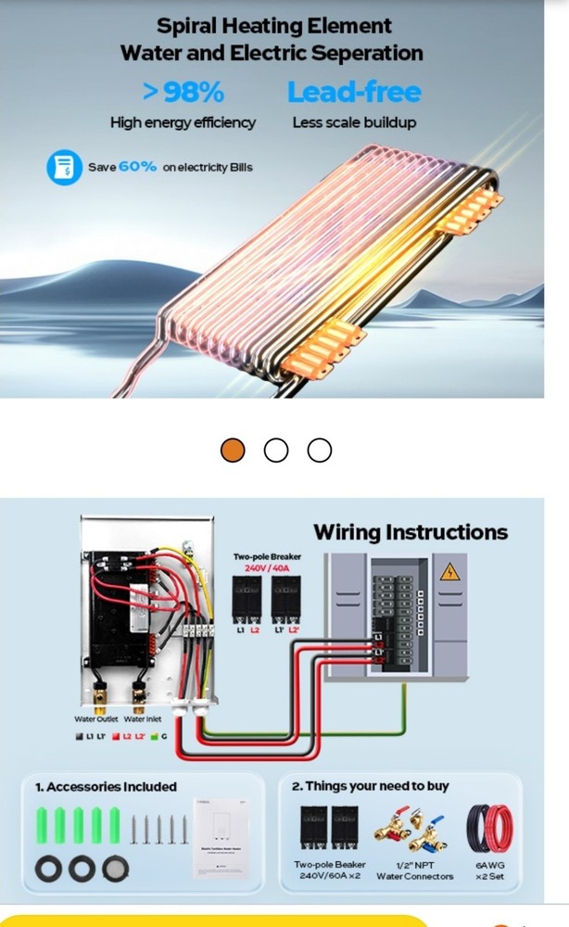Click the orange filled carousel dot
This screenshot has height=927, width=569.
click(x=233, y=451)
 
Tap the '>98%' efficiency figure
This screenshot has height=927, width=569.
click(x=183, y=92)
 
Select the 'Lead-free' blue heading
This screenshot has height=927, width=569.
click(x=353, y=92)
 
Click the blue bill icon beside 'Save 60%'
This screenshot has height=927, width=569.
click(x=63, y=168)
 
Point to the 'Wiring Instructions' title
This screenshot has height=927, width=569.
click(x=411, y=532)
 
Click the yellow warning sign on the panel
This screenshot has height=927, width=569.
click(x=449, y=571)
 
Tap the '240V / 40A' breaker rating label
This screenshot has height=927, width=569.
click(x=267, y=567)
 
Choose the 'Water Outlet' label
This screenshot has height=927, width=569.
click(x=95, y=718)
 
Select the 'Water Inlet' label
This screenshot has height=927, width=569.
click(x=142, y=718)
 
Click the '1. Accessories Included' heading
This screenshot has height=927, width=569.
click(x=106, y=786)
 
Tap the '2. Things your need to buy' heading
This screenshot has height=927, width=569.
click(x=371, y=786)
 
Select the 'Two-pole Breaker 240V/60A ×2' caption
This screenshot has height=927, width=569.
click(x=330, y=870)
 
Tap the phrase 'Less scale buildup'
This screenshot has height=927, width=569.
click(x=353, y=122)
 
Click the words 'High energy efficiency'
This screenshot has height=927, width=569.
click(x=183, y=122)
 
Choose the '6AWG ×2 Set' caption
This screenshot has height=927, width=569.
click(x=489, y=870)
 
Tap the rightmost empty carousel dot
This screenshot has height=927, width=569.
click(x=319, y=451)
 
